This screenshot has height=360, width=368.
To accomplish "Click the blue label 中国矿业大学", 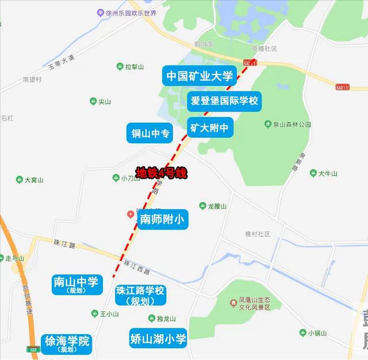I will pos(199,75).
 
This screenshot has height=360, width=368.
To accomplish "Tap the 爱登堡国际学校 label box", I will pos(224,101).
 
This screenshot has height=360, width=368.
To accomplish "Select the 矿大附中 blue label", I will pos(210,127).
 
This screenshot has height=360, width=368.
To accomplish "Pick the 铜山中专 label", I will pos(150,133).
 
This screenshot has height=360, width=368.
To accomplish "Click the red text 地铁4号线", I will pos(162,173).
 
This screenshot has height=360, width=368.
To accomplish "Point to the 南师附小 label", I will pos(163,219).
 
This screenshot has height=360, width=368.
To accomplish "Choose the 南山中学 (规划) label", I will pos(76,285).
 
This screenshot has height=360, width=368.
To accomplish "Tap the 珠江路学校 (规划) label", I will pos(140,294).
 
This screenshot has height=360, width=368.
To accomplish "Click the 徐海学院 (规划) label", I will pos(67,344).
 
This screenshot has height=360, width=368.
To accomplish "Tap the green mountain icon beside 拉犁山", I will pos(120,67).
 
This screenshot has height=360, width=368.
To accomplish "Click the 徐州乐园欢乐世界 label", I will pos(126,12).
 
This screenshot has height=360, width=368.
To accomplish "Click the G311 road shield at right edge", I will pos(343,87).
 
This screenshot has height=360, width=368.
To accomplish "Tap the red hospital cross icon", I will pos(131,215).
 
